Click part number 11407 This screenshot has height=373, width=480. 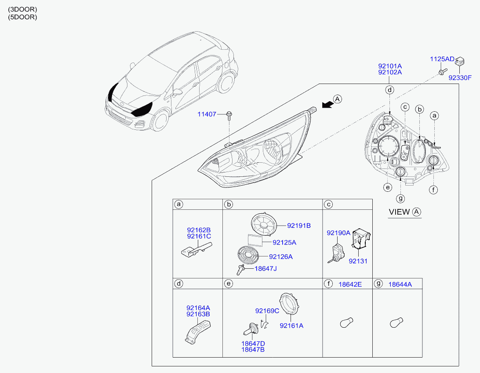[207, 114]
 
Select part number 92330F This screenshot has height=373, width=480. [460, 78]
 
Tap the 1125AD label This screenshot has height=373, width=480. [442, 59]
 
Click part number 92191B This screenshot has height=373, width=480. [299, 226]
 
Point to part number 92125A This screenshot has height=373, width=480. [284, 242]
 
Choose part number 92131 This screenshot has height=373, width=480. [358, 261]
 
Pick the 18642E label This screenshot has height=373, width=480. [350, 285]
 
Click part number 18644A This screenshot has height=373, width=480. [400, 285]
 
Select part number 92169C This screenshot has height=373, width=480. [267, 311]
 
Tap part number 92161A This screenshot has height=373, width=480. [292, 326]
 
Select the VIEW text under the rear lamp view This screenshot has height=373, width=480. [399, 212]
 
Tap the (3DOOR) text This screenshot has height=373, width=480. [22, 9]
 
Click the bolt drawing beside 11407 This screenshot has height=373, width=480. [229, 115]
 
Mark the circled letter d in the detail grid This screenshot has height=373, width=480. [178, 284]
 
